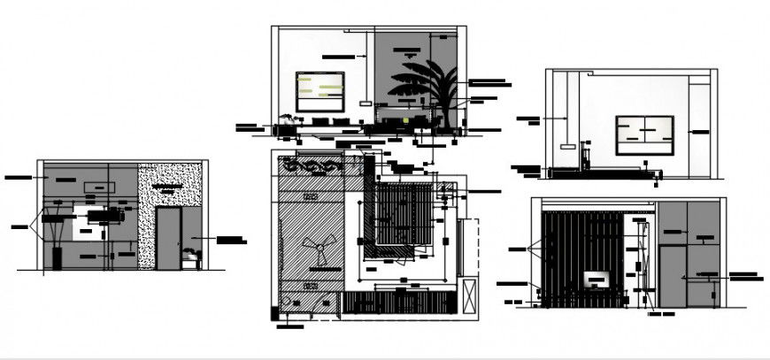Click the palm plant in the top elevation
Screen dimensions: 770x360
pos(424,88)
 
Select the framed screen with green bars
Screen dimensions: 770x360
pos(320,91)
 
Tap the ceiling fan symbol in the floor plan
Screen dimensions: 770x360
pos(316,250)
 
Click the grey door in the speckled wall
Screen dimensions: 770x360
pos(168,237)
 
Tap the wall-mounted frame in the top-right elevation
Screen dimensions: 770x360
pos(644,134)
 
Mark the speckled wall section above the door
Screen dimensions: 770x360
pos(170,185)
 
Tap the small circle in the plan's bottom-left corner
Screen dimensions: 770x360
pos(285,303)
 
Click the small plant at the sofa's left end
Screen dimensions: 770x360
pos(286,117)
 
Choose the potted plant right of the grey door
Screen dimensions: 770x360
pos(189,257)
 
